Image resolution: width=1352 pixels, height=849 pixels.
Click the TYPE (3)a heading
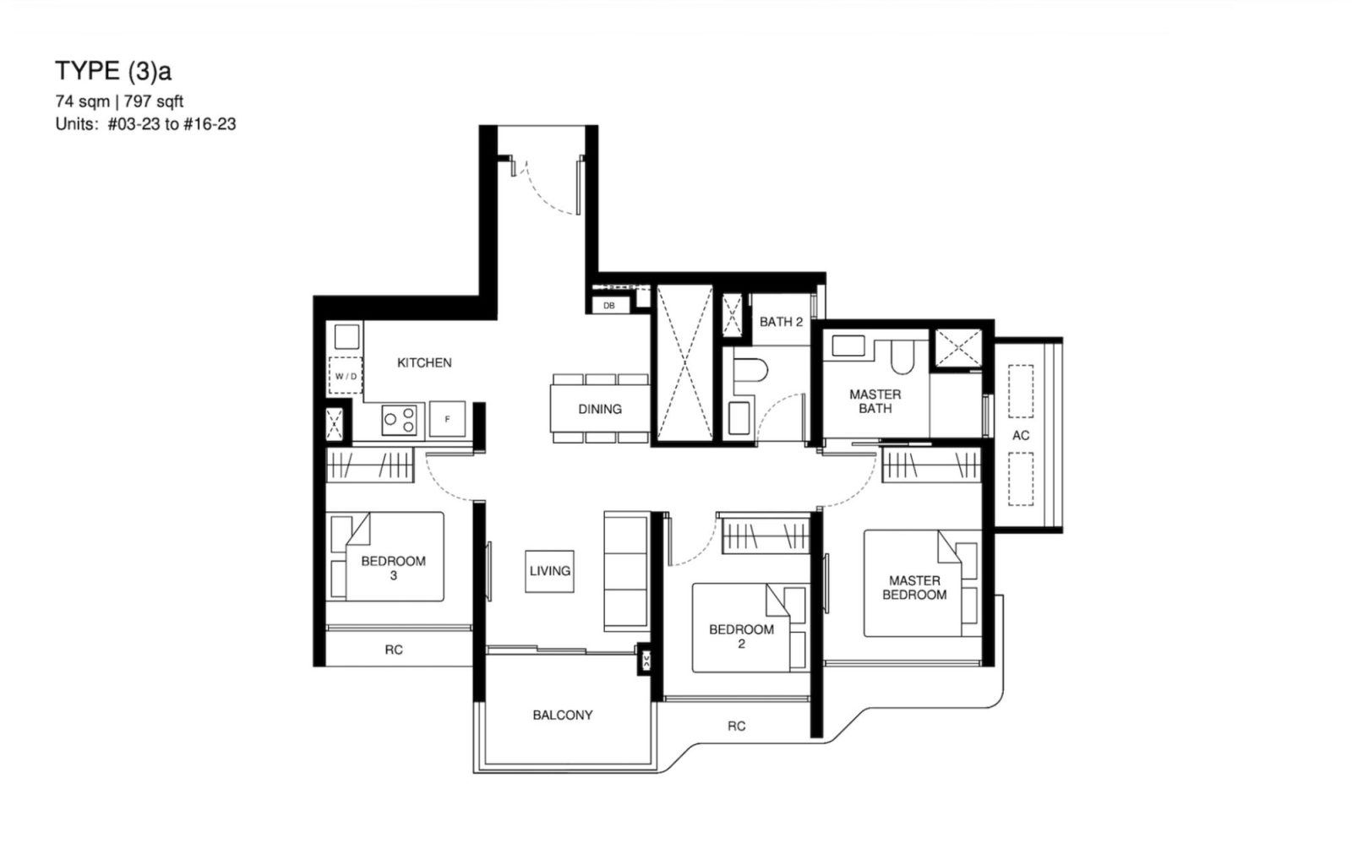coord(113,70)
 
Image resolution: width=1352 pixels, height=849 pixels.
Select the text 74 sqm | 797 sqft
coord(119,102)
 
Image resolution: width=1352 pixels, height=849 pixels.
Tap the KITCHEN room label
coord(424,362)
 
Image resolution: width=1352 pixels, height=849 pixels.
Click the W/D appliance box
coord(346,376)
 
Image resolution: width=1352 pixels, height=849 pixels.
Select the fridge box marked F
coord(447,419)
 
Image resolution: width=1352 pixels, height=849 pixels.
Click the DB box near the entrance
coord(609,306)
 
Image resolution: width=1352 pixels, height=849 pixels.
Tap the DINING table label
coord(600,409)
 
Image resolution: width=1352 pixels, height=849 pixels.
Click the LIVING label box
coord(550,571)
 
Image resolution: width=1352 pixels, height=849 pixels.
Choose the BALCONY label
coord(563,715)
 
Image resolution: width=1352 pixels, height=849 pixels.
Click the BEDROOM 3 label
coord(393,568)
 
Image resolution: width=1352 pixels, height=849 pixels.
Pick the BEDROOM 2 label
coord(741,636)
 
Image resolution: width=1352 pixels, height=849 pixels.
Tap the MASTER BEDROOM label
coord(914,587)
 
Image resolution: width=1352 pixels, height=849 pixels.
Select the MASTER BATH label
coord(875,400)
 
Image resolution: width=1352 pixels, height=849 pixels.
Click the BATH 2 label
coord(781,322)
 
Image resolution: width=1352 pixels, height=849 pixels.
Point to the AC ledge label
coord(1021,435)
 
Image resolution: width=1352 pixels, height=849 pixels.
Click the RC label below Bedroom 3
coord(394,650)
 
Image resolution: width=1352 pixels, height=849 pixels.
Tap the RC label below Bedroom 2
coord(737,726)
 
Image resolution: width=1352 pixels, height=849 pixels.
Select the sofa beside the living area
coord(625,570)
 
